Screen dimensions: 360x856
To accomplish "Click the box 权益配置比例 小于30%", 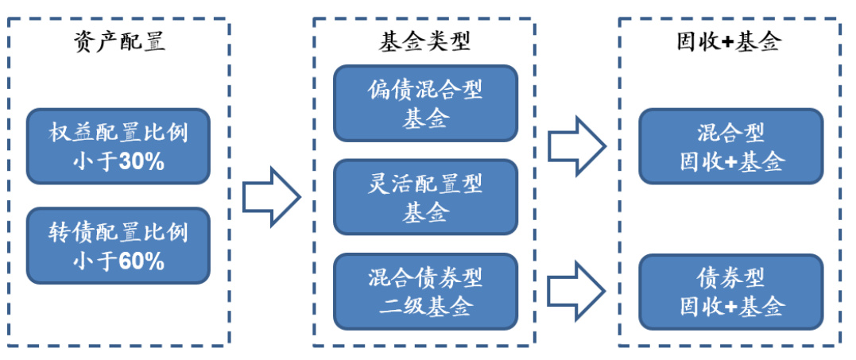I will click(118, 146).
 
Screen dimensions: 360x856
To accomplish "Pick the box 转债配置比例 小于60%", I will click(118, 246).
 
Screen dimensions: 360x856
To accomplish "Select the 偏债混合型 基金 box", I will click(425, 103).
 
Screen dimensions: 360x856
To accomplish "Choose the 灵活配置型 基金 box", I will click(425, 197).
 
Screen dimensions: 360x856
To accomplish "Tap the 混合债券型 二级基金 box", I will click(425, 291).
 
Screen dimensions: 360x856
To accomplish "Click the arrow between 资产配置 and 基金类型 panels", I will click(271, 195).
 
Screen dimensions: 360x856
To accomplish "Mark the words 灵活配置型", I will click(425, 184).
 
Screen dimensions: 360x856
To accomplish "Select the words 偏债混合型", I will click(425, 89).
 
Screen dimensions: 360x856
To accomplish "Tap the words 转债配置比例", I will click(118, 231).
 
